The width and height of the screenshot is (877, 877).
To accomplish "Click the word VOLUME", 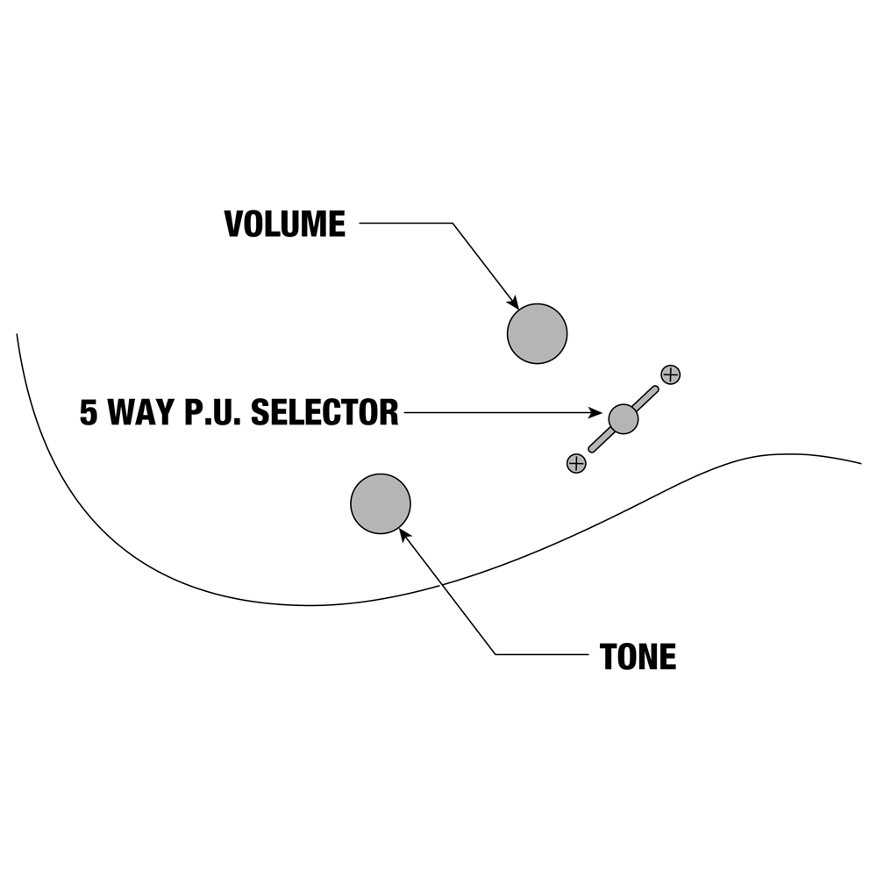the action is click(x=285, y=225).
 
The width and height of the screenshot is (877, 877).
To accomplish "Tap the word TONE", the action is click(x=638, y=657).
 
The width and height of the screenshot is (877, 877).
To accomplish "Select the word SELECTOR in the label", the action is click(x=324, y=413).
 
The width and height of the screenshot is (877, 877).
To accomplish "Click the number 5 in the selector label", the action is click(x=89, y=413).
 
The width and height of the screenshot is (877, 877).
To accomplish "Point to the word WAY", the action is click(x=139, y=413).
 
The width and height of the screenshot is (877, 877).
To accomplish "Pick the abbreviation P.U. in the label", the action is click(x=212, y=413).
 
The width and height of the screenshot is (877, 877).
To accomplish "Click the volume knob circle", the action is click(x=537, y=334).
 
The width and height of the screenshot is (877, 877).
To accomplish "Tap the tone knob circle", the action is click(x=381, y=504).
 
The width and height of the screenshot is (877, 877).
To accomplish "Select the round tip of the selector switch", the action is click(x=623, y=419).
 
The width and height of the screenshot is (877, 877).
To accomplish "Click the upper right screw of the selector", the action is click(x=671, y=374).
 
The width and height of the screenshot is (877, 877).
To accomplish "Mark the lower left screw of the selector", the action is click(x=576, y=463).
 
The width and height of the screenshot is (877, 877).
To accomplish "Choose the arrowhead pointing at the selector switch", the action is click(x=595, y=413).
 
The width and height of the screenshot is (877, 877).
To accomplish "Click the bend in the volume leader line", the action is click(x=453, y=223).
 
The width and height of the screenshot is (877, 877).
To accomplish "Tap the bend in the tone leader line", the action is click(x=496, y=654).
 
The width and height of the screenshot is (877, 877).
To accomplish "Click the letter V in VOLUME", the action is click(x=235, y=225).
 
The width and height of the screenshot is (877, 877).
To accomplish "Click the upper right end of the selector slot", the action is click(x=655, y=389).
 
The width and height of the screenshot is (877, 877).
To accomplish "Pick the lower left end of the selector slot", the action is click(x=592, y=448).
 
